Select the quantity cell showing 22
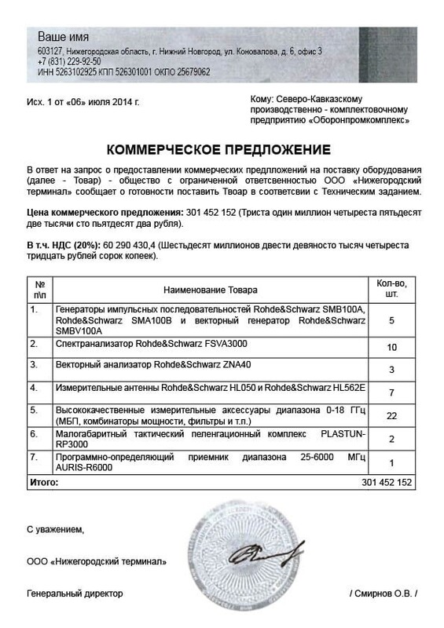click(x=391, y=414)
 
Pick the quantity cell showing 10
click(x=391, y=346)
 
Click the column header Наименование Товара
click(x=210, y=290)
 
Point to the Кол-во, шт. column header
click(x=391, y=290)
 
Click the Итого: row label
click(x=43, y=481)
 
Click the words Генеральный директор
click(x=75, y=593)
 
